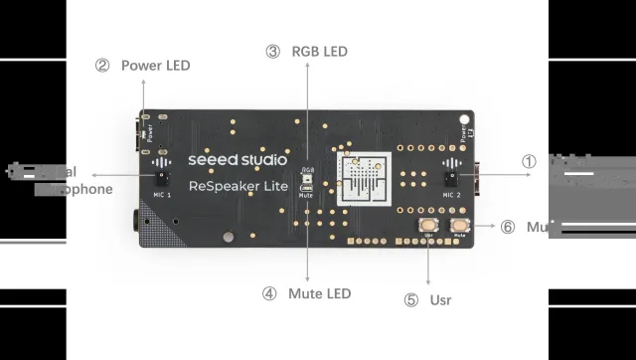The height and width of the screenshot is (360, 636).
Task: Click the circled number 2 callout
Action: point(101,66)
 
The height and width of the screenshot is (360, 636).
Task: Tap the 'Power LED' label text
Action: point(155,66)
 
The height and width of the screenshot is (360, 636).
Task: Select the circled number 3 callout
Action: point(272,51)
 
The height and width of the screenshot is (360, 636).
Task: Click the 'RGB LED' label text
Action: point(319,51)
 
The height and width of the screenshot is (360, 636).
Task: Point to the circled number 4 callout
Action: point(269,293)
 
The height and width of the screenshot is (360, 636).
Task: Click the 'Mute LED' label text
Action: point(319,293)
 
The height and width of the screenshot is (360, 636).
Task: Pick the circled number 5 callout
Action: point(411,299)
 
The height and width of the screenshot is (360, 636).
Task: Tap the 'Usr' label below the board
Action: point(442,299)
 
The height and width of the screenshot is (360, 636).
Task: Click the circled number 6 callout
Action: point(508,227)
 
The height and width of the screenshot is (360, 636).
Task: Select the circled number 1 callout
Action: point(530,161)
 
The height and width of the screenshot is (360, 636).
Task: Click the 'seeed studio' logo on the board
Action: point(238,159)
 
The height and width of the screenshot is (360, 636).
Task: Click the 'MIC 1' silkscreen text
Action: point(161,196)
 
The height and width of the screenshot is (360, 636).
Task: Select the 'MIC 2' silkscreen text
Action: point(452,195)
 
